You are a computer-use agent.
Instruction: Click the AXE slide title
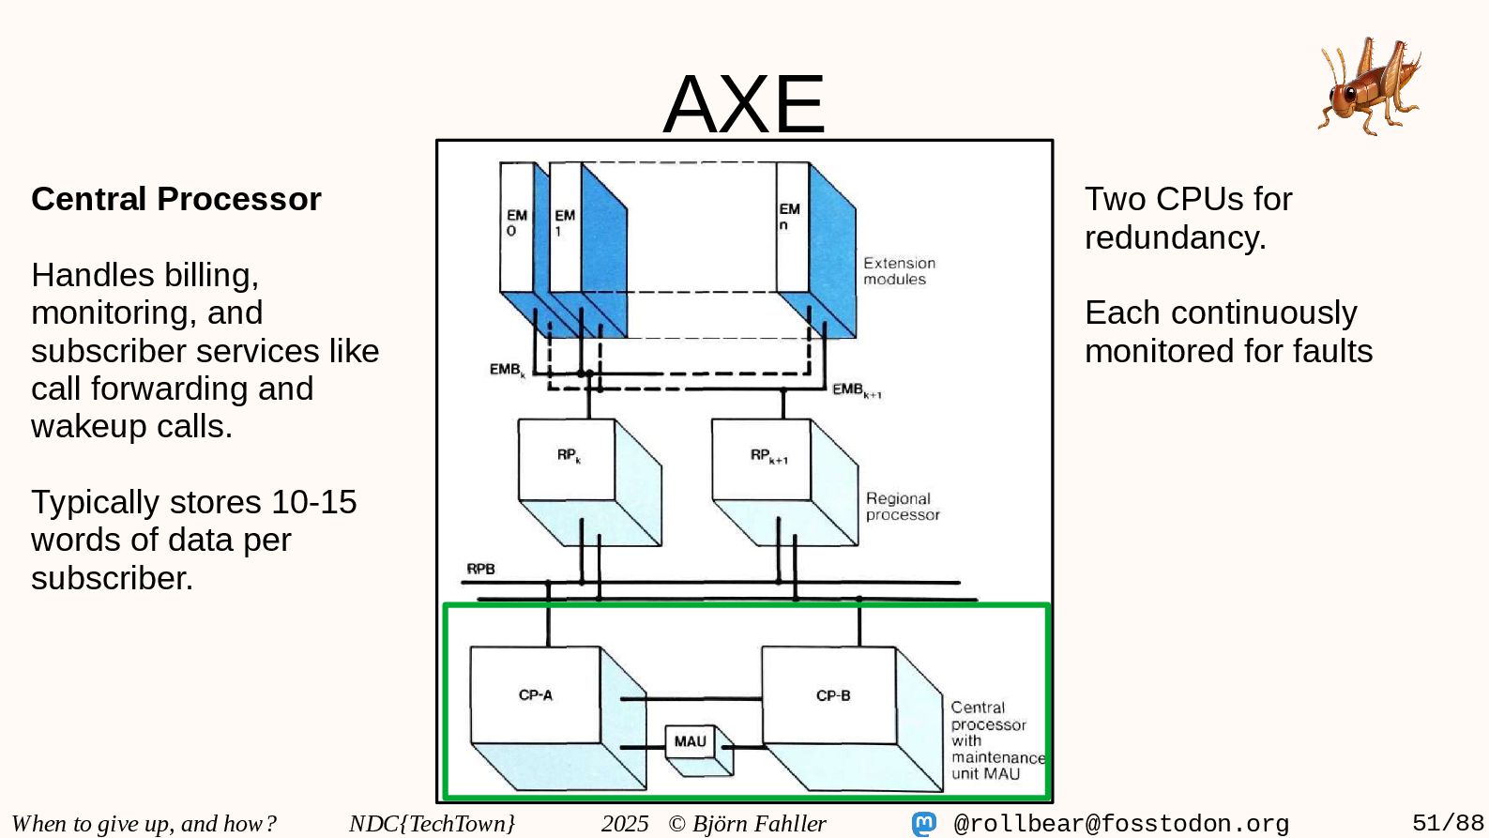[744, 104]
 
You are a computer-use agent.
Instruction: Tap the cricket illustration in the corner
[1370, 85]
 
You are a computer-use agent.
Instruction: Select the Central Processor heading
[176, 199]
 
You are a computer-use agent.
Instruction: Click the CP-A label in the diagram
[536, 695]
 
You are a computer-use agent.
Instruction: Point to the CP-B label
[833, 695]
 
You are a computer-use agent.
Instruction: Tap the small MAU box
[690, 741]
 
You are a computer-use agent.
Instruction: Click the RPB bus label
[480, 569]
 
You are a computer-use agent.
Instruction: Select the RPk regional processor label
[569, 455]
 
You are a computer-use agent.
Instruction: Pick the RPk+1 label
[768, 456]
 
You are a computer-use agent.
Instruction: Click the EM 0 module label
[516, 222]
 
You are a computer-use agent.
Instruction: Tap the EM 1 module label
[564, 222]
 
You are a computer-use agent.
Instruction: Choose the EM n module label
[789, 216]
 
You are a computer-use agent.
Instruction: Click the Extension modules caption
[899, 271]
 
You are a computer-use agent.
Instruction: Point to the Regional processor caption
[902, 507]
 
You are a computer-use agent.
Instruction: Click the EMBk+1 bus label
[857, 389]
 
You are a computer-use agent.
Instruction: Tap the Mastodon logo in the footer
[924, 824]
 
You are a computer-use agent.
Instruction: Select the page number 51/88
[1448, 823]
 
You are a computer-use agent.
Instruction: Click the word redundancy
[1175, 237]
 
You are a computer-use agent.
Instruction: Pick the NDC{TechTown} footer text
[432, 823]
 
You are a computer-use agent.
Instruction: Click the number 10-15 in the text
[313, 502]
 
